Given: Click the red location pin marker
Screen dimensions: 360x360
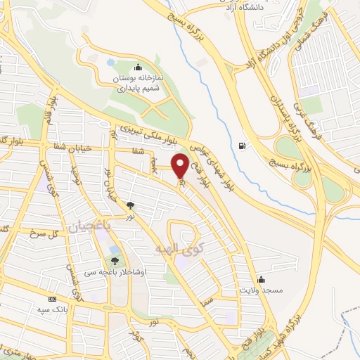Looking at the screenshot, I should [x=180, y=165].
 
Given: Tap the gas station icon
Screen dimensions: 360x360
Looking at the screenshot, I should [x=243, y=146].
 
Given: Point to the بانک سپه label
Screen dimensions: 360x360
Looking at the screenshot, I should [x=53, y=309].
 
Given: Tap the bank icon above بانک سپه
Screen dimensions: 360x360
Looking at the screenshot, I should [x=52, y=299].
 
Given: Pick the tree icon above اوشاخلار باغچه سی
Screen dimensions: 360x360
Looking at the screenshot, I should [x=115, y=261].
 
